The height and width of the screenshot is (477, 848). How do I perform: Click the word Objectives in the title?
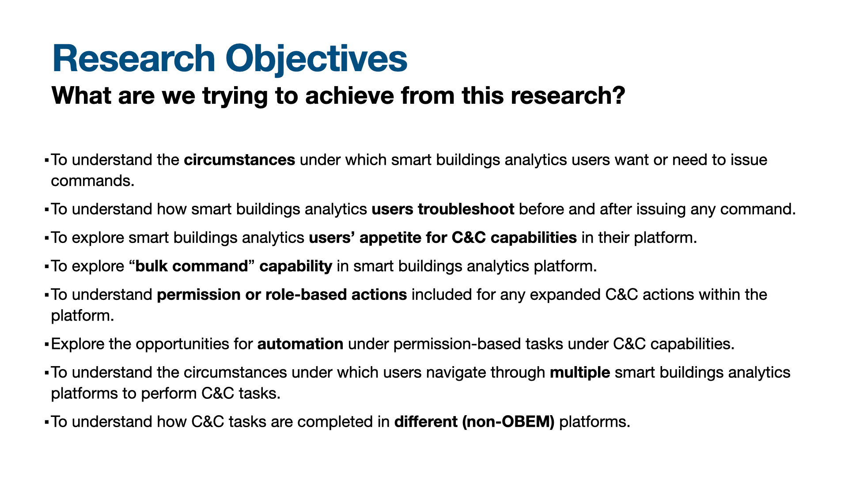pos(316,59)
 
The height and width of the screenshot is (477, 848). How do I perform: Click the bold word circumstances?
pos(239,160)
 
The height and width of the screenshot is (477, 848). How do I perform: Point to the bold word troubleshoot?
pos(466,209)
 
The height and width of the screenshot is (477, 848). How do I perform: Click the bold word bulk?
pos(151,266)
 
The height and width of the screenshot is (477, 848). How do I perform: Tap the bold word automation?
pos(300,344)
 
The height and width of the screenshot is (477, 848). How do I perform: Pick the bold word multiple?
pos(580,373)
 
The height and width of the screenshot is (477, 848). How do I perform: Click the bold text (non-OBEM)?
pos(508,422)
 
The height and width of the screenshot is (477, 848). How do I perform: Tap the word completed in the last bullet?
pos(335,422)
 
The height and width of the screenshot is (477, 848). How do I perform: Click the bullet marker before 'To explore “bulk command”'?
pos(46,267)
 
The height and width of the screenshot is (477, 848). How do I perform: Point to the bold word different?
pos(426,422)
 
